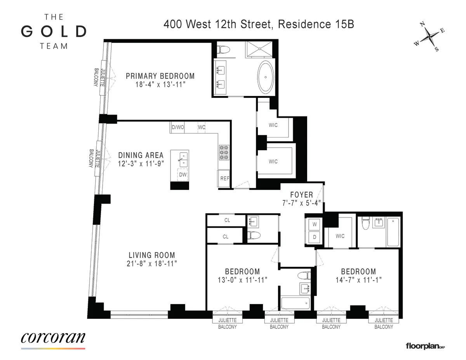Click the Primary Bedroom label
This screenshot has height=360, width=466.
click(x=160, y=76)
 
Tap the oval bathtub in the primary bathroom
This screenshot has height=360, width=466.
click(x=266, y=76)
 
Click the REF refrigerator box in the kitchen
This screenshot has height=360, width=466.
click(x=224, y=179)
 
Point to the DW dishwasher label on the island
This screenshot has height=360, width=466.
click(x=182, y=175)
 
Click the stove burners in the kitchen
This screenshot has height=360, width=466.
click(x=224, y=152)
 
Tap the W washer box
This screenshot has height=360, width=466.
click(x=315, y=224)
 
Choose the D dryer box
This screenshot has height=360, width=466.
click(x=315, y=237)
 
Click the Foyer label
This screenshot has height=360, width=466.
click(x=301, y=195)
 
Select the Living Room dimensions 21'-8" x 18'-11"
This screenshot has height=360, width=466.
click(x=152, y=264)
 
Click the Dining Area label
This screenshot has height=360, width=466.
click(x=141, y=155)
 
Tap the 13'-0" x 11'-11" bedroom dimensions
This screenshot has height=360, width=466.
click(x=242, y=280)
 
